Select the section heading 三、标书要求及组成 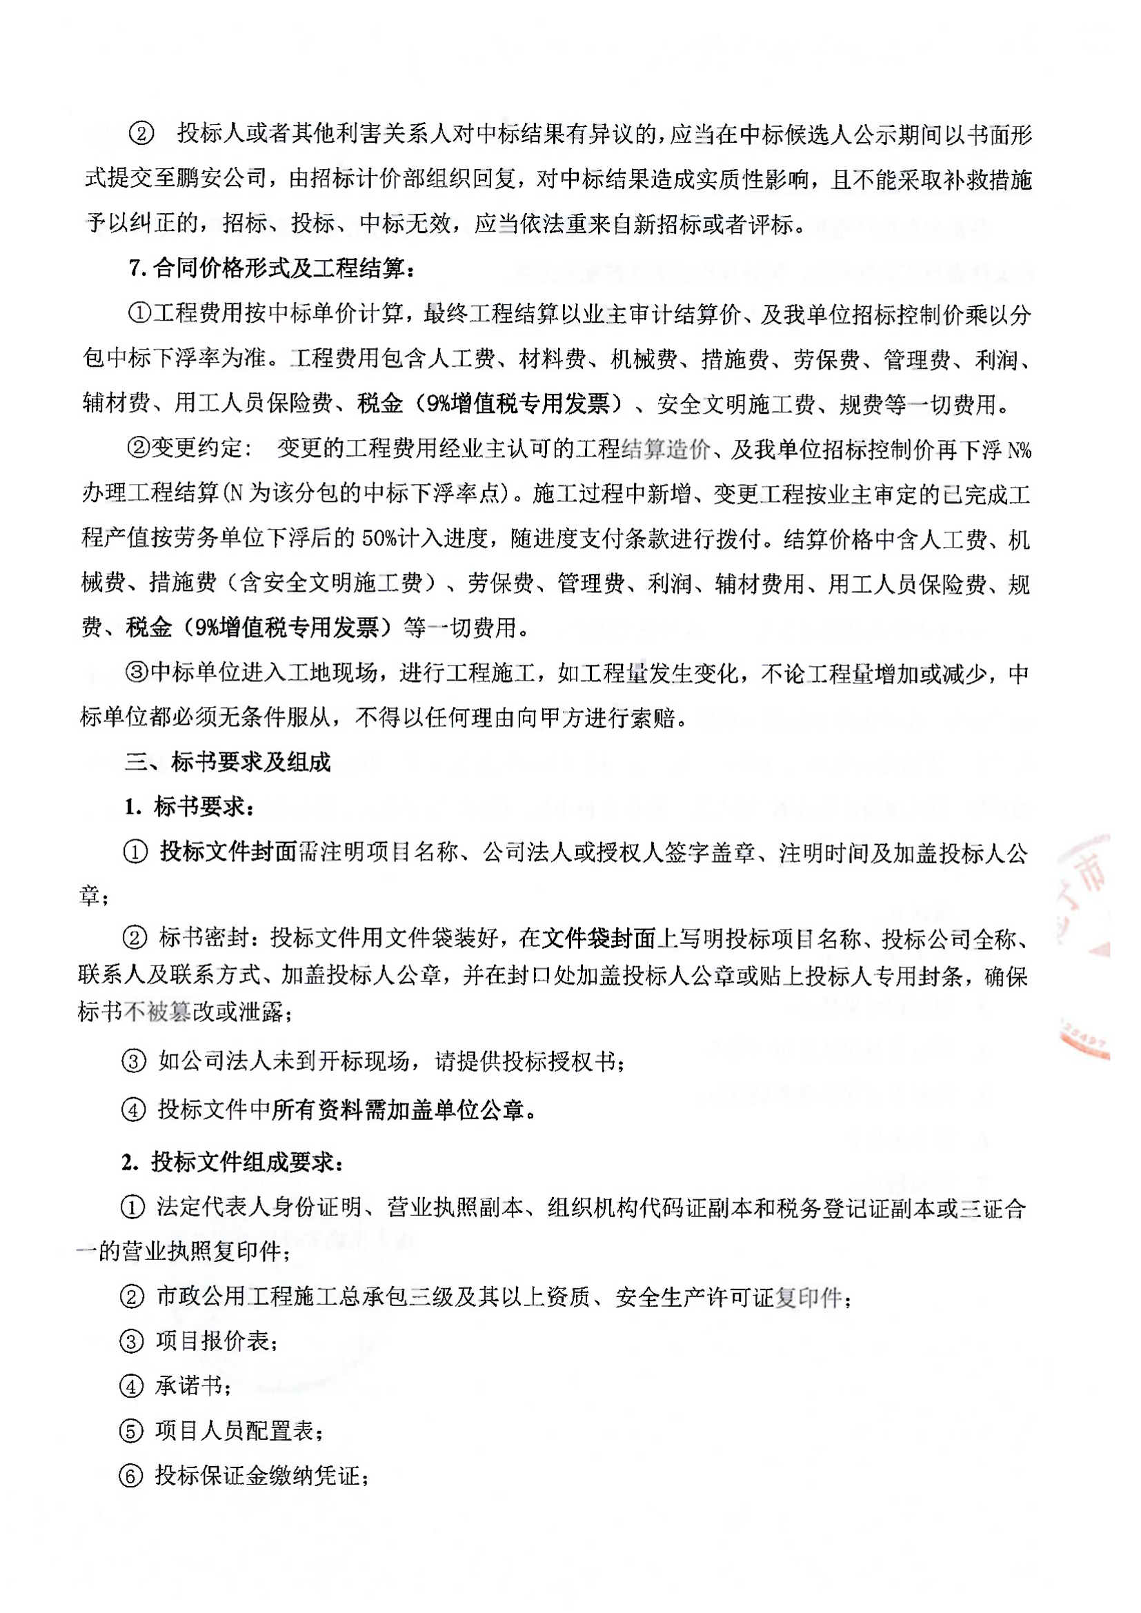coord(228,762)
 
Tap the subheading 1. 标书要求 coord(189,808)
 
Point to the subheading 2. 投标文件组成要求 coord(232,1163)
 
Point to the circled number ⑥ coord(131,1476)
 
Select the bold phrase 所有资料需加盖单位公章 coord(399,1110)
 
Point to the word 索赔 coord(652,718)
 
